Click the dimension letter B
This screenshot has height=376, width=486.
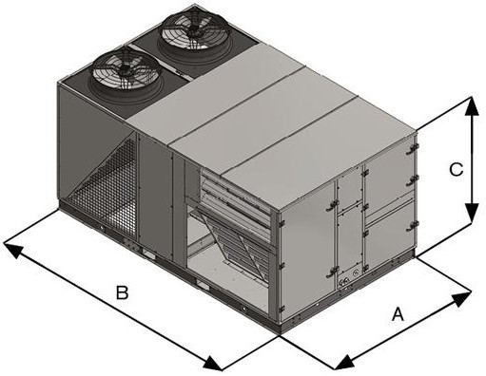122,292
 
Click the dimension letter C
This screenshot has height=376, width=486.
456,169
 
